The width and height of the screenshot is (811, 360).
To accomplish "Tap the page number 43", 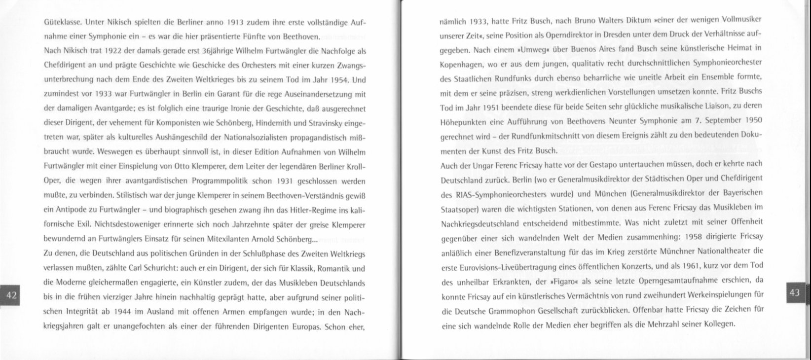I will click(794, 292).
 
